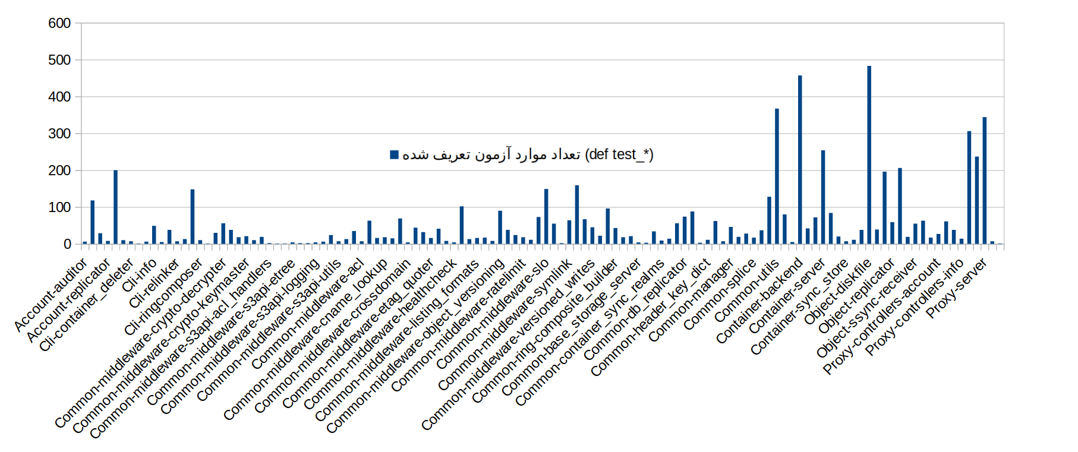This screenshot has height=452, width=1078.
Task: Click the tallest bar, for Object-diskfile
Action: (x=869, y=155)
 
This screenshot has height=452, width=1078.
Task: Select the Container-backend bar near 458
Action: (x=800, y=160)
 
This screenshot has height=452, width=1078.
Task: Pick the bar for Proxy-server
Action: (x=984, y=181)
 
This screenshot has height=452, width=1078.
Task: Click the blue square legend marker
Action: (x=394, y=155)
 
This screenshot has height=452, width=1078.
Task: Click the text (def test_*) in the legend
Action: (x=619, y=155)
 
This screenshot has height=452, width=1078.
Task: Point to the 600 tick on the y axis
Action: (x=59, y=23)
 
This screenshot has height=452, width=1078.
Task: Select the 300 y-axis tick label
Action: (x=59, y=134)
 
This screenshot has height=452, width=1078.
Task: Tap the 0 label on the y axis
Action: (x=67, y=244)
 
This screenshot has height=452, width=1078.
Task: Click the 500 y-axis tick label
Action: (x=59, y=60)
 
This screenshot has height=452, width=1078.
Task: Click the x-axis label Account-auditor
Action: (x=51, y=295)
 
